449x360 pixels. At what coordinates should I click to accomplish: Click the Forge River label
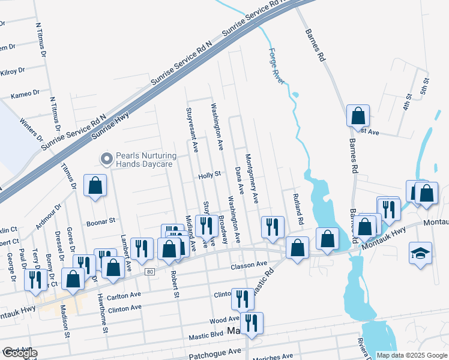[x=278, y=68]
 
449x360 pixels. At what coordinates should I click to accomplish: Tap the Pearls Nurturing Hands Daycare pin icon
[x=107, y=159]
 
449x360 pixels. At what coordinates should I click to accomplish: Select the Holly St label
[x=210, y=175]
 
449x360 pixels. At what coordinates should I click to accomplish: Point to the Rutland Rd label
[x=297, y=205]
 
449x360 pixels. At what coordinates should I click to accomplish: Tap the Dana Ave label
[x=239, y=181]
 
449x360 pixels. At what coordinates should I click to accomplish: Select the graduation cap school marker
[x=420, y=253]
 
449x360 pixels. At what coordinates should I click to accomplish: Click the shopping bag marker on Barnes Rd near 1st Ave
[x=358, y=114]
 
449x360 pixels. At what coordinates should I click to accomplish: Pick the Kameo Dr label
[x=25, y=94]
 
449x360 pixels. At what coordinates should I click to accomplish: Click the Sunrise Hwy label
[x=110, y=124]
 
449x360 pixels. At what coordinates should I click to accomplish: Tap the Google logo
[x=20, y=353]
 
